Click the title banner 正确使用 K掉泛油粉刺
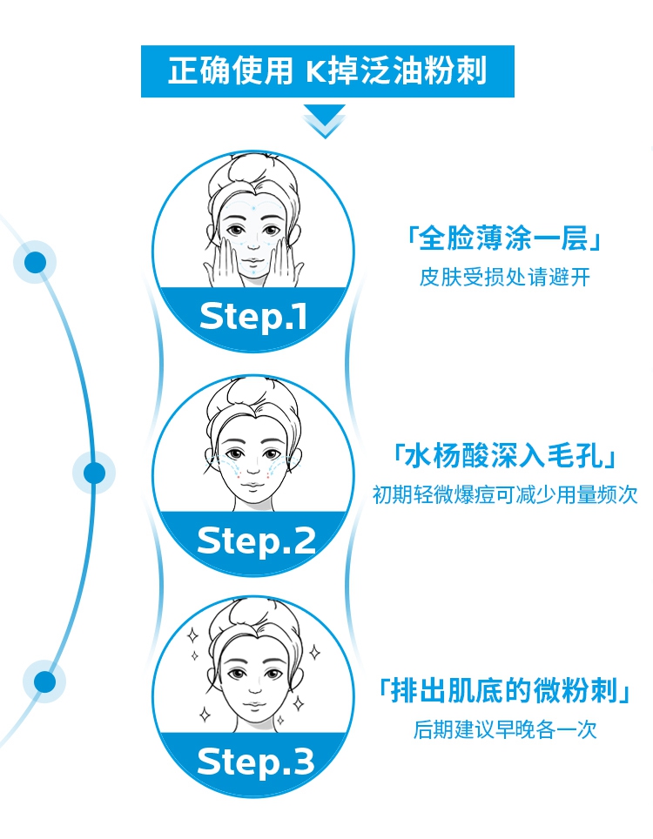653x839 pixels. click(x=326, y=70)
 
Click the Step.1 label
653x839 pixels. click(x=253, y=317)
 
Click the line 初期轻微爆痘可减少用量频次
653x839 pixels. click(x=504, y=494)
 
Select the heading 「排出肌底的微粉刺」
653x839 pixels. click(x=504, y=692)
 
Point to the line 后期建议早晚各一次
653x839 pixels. click(x=504, y=729)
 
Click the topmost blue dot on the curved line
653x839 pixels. click(x=36, y=262)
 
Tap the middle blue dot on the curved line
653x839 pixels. click(x=94, y=473)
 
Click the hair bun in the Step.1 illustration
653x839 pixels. click(x=253, y=170)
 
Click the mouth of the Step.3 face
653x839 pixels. click(x=253, y=701)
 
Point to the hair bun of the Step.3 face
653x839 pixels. click(x=253, y=613)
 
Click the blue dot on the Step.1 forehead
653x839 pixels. click(x=253, y=208)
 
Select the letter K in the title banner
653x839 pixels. click(x=314, y=70)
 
